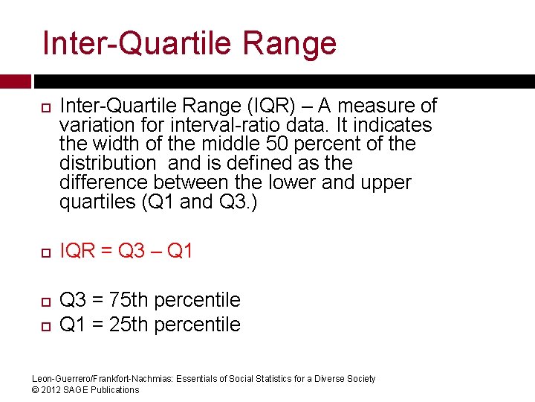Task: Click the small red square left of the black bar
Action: tap(16, 81)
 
